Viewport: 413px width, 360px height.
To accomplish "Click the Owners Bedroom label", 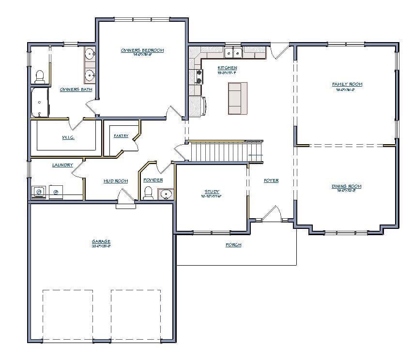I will point(142,50).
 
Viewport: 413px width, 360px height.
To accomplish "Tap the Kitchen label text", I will point(227,67).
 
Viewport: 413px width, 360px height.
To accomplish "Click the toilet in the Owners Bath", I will point(40,76).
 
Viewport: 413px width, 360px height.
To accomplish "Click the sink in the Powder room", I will point(166,194).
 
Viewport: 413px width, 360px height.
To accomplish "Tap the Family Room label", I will point(347,84).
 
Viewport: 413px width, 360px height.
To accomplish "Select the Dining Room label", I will point(346,186).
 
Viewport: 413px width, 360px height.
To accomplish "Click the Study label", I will point(212,192).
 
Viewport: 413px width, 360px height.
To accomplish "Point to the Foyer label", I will point(271,180).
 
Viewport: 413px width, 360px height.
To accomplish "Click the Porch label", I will point(233,245).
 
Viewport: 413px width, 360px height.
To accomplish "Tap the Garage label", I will point(101,241).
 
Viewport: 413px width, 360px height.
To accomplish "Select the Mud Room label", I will point(116,181).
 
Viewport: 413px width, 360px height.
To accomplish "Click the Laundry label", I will point(62,165).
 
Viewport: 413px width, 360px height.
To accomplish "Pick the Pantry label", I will point(121,136).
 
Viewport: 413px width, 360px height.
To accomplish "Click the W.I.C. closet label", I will point(68,137).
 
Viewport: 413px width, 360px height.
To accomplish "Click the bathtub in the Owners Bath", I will point(40,102).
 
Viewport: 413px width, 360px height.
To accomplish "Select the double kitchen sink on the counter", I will point(233,52).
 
